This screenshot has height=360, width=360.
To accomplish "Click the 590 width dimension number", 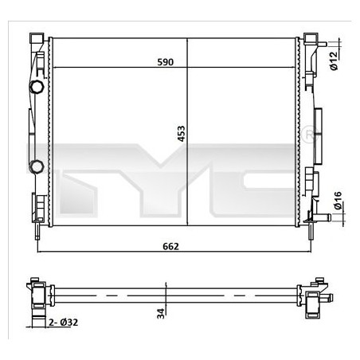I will pyautogui.click(x=165, y=62).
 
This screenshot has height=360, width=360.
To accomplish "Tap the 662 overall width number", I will pyautogui.click(x=170, y=245).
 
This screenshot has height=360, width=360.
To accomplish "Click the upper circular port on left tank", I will pyautogui.click(x=37, y=86).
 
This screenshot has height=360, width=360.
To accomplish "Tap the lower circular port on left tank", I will pyautogui.click(x=37, y=166).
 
